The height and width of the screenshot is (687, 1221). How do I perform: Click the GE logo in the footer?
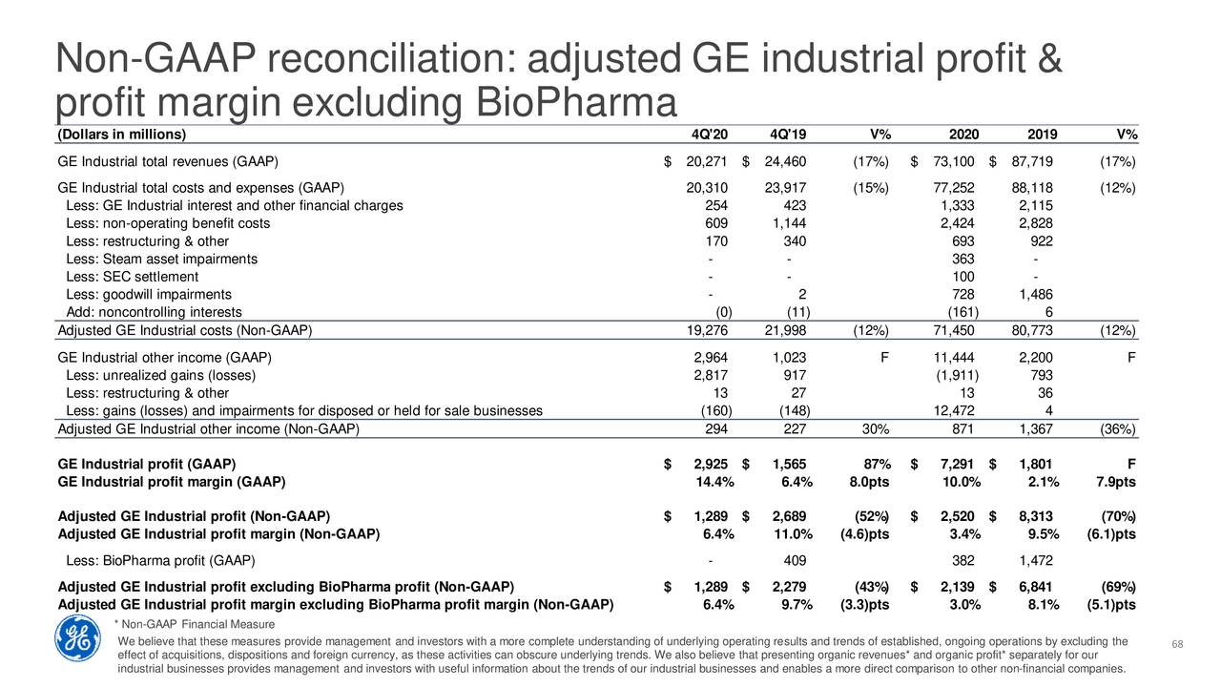tap(77, 638)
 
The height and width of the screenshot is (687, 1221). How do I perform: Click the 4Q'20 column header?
tap(709, 135)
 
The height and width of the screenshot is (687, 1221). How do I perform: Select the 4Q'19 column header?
tap(788, 135)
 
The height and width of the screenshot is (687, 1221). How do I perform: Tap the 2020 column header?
tap(963, 135)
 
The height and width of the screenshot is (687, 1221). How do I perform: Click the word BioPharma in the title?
tap(576, 102)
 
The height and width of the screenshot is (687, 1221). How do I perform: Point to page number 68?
tap(1177, 644)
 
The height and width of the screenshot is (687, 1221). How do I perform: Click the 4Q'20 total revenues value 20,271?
tap(707, 161)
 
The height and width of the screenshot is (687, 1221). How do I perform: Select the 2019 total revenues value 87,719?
tap(1032, 161)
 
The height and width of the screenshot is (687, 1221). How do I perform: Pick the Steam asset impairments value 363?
tap(962, 259)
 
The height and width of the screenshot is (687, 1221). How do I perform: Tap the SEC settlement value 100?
tap(962, 277)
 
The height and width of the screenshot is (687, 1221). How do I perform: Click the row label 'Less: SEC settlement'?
tap(132, 277)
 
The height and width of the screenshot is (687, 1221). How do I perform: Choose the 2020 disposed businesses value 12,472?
tap(953, 410)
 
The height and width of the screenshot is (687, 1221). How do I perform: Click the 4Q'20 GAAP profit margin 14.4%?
tap(714, 482)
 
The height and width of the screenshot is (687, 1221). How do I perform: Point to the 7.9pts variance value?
tap(1116, 482)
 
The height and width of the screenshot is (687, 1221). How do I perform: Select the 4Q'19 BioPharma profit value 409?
tap(795, 560)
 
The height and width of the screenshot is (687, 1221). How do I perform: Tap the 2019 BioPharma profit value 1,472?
tap(1036, 560)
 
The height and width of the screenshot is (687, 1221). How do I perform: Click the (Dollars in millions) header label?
tap(121, 135)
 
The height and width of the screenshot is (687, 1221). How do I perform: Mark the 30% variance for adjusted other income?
tap(875, 429)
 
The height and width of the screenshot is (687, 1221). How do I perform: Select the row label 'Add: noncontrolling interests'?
tap(154, 312)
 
